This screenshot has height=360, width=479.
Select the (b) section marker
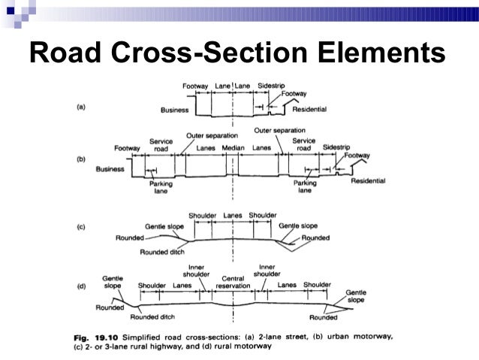coord(83,160)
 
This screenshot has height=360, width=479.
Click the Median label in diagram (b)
coord(234,148)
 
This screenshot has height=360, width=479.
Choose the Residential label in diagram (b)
coord(366,181)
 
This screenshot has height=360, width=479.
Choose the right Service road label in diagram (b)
coord(304,144)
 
